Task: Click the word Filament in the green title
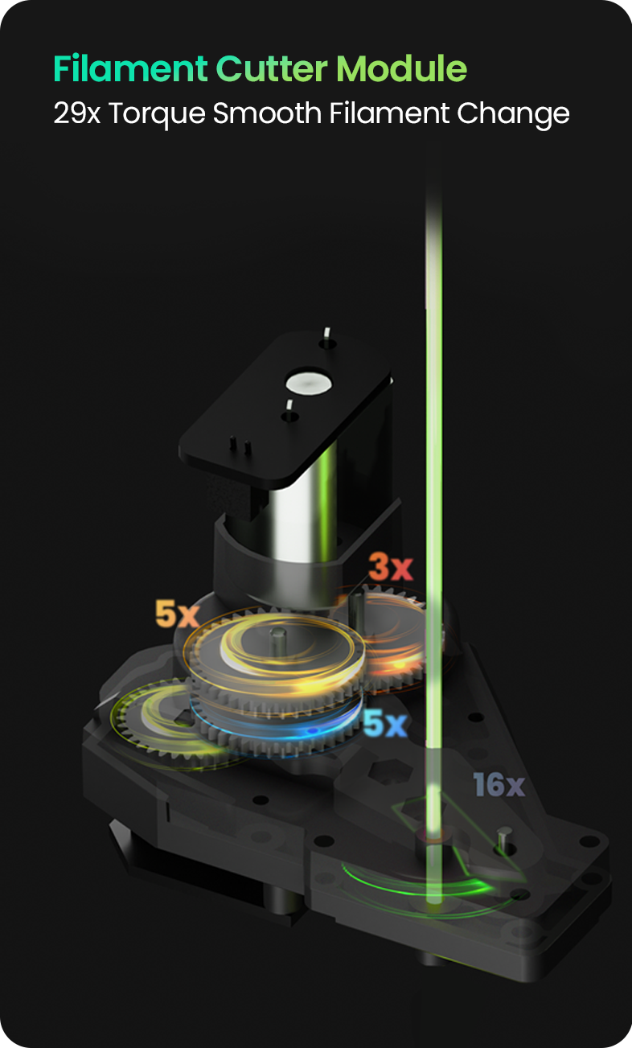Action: click(x=130, y=69)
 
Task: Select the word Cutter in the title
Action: click(x=271, y=69)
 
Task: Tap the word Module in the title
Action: click(x=401, y=69)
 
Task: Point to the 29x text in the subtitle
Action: click(x=76, y=113)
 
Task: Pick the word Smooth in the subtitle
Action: click(x=267, y=113)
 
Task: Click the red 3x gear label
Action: click(x=391, y=566)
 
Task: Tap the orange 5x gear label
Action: click(x=178, y=614)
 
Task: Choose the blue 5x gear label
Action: click(x=385, y=722)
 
